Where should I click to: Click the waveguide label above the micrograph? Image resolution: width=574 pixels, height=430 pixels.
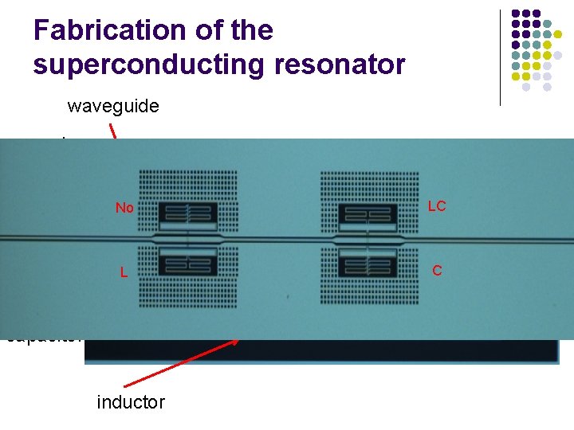coord(113,106)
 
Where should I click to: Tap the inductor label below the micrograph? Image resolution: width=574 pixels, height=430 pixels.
coord(131,402)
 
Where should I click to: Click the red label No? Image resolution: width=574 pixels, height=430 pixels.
coord(124,209)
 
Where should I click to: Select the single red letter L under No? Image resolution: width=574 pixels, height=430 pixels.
coord(124,272)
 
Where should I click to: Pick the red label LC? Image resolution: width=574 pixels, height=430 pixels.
coord(437,206)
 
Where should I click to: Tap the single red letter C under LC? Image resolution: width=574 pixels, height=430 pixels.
coord(437,271)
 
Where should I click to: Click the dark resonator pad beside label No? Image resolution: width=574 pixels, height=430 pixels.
coord(187,213)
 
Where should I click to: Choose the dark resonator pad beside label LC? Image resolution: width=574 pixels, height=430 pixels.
coord(368,213)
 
